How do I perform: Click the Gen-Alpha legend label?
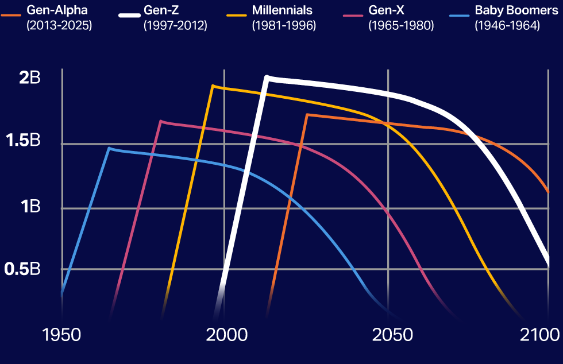point(57,10)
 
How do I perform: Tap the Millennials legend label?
point(283,10)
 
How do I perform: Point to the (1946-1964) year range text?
point(507,25)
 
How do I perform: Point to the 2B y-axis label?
point(30,78)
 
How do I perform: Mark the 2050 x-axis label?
point(392,335)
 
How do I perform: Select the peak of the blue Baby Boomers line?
point(109,148)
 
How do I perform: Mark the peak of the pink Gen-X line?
point(161,121)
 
